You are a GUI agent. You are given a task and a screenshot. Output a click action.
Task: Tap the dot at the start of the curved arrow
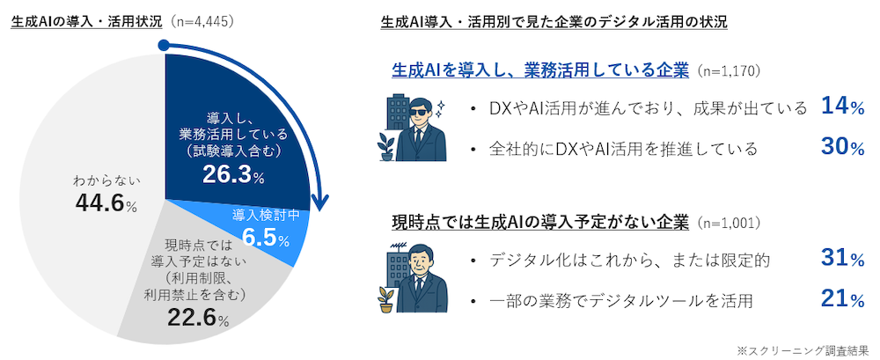(164, 45)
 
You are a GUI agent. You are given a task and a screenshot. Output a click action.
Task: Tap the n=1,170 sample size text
(727, 70)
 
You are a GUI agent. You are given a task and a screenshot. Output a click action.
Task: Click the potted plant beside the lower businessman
(385, 299)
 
